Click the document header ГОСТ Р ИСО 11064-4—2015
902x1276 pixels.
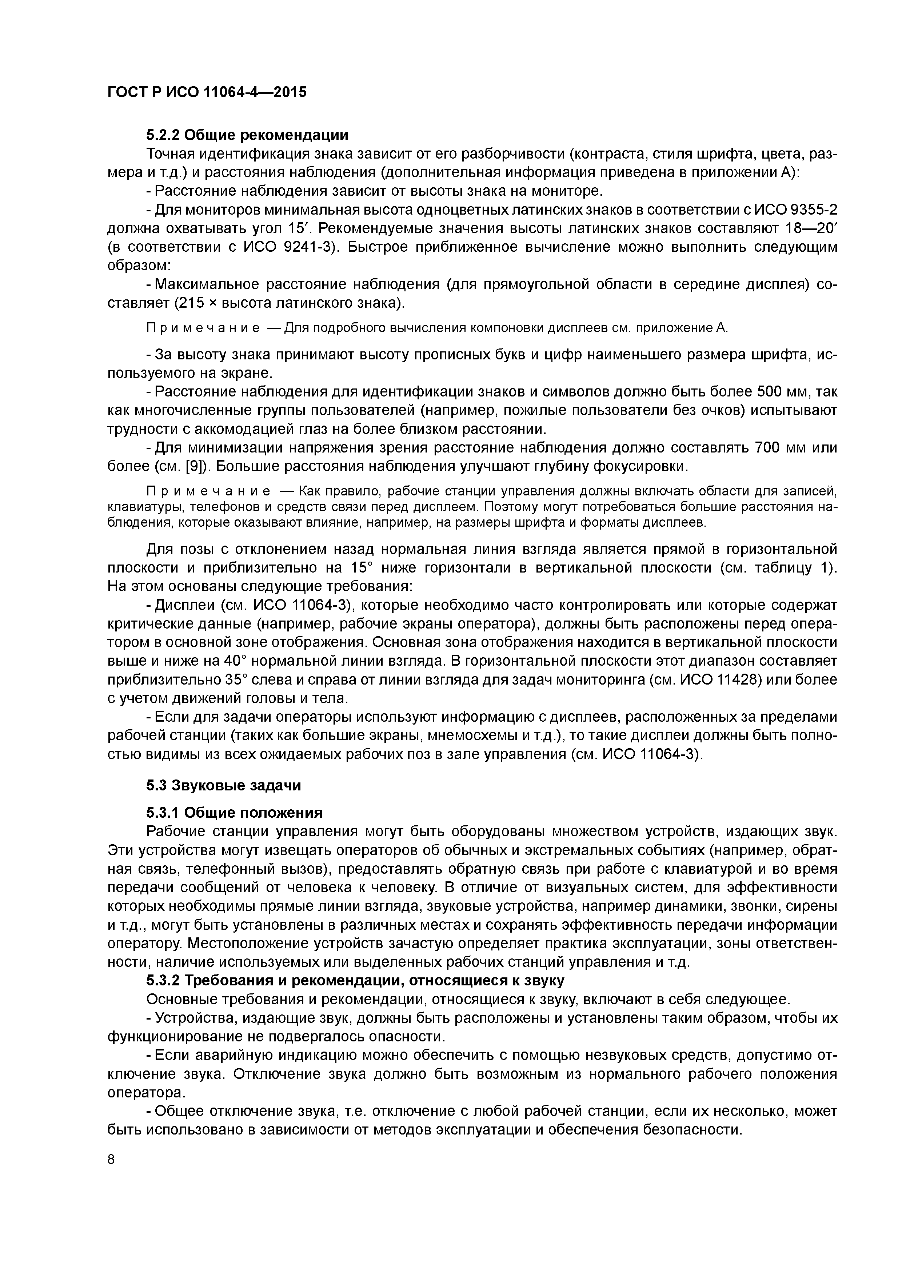pyautogui.click(x=206, y=92)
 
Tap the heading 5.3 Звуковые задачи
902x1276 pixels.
pyautogui.click(x=223, y=785)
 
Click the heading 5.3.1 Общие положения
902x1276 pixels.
pyautogui.click(x=234, y=813)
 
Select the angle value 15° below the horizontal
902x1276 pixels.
pyautogui.click(x=364, y=567)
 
